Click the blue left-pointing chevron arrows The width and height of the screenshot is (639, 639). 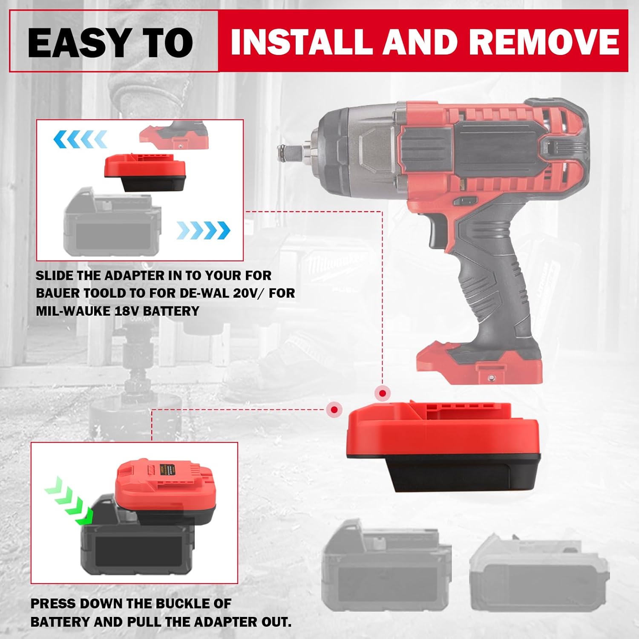80,139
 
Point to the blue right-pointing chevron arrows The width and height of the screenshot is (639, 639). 203,230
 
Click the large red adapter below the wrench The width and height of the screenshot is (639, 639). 443,447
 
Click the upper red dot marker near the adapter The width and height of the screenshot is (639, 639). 383,393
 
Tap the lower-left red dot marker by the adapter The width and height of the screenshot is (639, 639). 334,409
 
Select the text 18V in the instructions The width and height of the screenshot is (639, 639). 127,311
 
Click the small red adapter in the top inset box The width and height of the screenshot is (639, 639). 145,173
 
